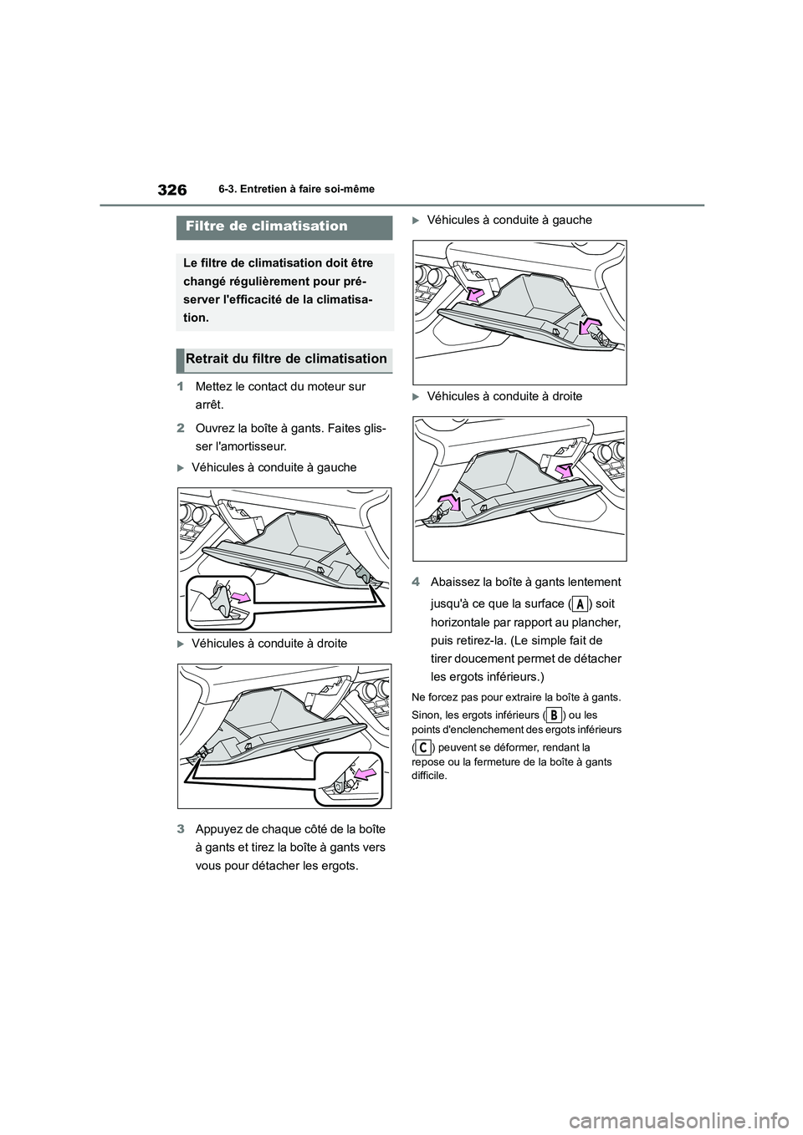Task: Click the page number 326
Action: pos(171,190)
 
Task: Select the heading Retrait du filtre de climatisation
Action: pos(286,359)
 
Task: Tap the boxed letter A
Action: pos(579,604)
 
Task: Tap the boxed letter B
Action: pos(553,715)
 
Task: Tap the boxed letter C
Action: pos(424,747)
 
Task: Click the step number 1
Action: pos(180,387)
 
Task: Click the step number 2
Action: pos(180,430)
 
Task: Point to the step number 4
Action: pos(416,583)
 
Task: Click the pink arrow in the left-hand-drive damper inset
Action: pos(240,596)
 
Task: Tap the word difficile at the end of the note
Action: pos(430,776)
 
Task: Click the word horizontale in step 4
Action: pos(463,622)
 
